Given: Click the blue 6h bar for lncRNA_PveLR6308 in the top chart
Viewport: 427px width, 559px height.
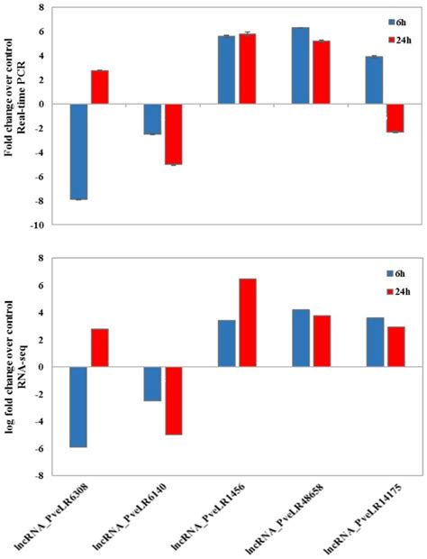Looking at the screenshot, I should [78, 151].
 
